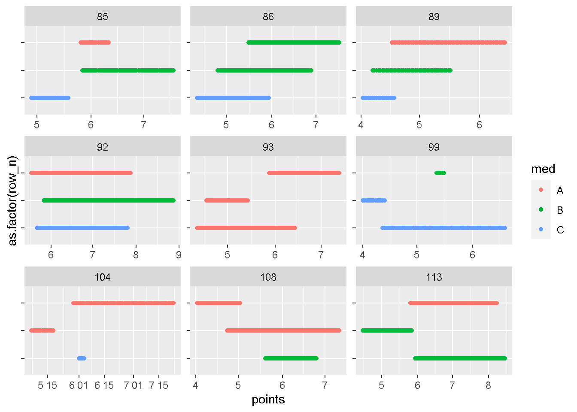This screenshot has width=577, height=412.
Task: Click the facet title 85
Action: click(x=102, y=17)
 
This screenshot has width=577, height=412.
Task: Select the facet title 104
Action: click(x=102, y=277)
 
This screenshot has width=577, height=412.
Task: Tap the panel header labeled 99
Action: click(x=434, y=147)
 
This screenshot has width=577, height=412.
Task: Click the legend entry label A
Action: click(x=560, y=191)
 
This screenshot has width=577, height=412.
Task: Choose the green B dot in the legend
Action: click(x=541, y=210)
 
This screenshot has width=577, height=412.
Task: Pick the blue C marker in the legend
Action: click(x=541, y=230)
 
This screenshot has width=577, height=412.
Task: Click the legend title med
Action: click(x=543, y=169)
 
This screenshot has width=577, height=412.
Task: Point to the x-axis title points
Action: click(x=268, y=400)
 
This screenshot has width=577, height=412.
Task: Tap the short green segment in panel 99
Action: click(x=440, y=173)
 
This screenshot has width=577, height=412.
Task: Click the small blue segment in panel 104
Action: click(x=82, y=358)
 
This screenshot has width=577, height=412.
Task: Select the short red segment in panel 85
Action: click(x=94, y=42)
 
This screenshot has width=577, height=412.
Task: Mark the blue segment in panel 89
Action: click(x=378, y=98)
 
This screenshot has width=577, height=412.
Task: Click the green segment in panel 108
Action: click(x=291, y=358)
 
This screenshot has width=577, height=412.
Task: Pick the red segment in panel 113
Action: click(x=453, y=303)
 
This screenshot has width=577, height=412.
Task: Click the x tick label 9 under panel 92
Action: click(x=179, y=255)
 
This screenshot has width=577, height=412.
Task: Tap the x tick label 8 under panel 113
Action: click(x=488, y=385)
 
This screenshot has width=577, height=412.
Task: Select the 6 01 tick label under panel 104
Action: click(x=79, y=385)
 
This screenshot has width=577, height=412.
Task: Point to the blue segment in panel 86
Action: click(x=233, y=98)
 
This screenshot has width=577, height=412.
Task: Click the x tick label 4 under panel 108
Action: click(x=196, y=385)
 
